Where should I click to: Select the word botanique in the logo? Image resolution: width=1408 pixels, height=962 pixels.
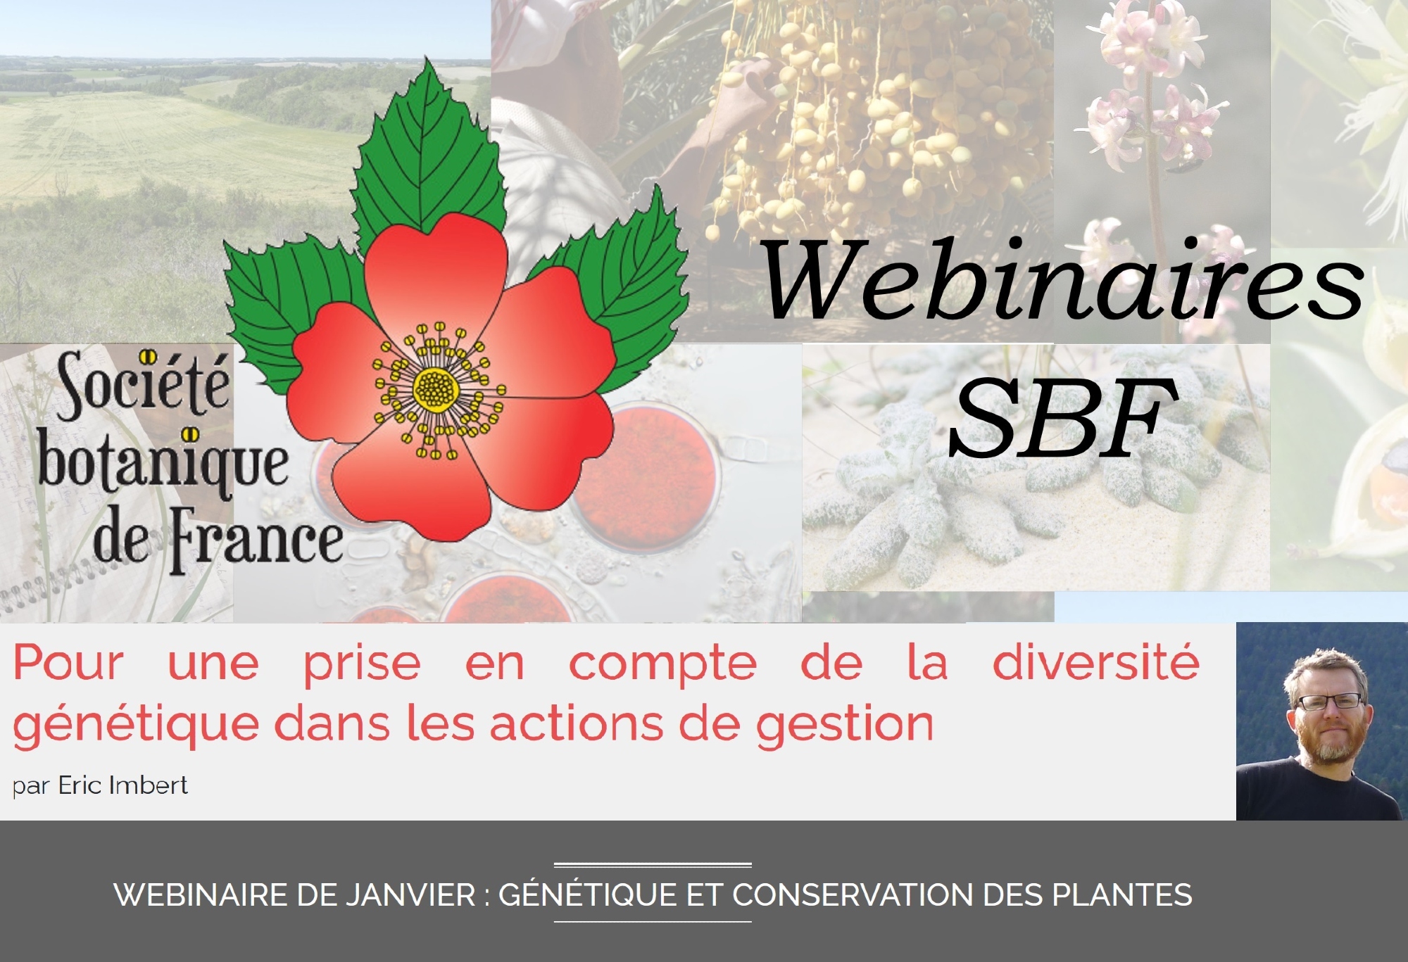[x=163, y=465]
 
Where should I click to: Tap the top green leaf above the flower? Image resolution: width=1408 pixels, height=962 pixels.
[x=429, y=151]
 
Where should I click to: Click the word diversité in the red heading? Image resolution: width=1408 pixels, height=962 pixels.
[x=1096, y=662]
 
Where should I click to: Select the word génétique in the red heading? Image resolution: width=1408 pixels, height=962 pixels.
[x=136, y=726]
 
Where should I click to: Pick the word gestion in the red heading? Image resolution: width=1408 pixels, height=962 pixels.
[x=845, y=726]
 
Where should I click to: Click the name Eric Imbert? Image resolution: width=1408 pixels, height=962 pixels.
[x=122, y=785]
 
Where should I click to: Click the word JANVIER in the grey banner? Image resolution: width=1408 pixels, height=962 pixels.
[x=410, y=895]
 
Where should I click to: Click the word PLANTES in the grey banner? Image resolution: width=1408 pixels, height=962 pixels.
[x=1122, y=895]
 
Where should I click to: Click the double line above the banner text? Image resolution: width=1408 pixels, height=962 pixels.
[x=653, y=865]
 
